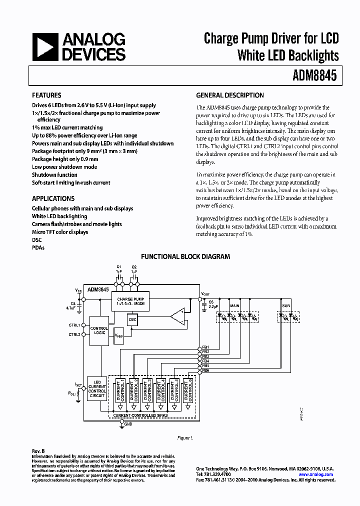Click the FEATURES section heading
point(46,95)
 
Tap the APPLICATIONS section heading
point(53,198)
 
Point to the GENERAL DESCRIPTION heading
point(230,95)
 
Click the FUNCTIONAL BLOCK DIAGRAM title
point(185,256)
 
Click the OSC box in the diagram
point(132,318)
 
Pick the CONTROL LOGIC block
point(99,330)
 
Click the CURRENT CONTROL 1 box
point(120,389)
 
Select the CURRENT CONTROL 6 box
point(188,389)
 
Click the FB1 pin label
point(205,347)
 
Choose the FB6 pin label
point(205,370)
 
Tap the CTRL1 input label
point(74,324)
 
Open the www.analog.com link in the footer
point(318,474)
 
